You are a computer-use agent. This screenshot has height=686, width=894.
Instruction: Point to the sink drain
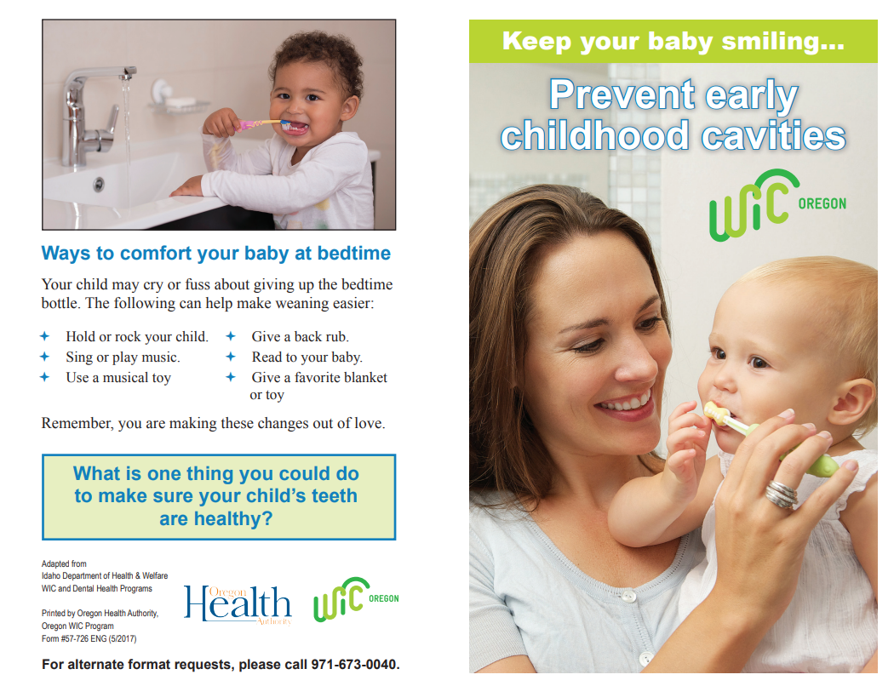pos(99,184)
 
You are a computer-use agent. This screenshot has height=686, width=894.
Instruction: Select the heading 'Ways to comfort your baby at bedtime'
pos(216,253)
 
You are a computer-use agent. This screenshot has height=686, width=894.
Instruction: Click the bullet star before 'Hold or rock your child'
pos(44,336)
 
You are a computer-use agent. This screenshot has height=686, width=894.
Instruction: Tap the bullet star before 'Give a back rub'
pos(231,336)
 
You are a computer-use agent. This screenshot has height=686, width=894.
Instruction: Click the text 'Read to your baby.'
pos(307,357)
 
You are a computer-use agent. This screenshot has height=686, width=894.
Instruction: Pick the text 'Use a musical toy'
pos(118,378)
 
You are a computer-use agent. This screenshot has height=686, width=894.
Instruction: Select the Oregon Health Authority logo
pos(238,605)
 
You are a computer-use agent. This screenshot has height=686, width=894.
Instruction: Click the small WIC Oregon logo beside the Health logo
pos(356,599)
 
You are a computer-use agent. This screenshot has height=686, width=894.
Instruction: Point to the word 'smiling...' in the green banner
pos(782,41)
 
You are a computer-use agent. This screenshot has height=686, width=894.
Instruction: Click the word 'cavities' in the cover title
pos(773,136)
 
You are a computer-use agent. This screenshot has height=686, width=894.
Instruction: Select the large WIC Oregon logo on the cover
pos(777,204)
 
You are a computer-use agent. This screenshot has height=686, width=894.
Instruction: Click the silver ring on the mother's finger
pos(781,494)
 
